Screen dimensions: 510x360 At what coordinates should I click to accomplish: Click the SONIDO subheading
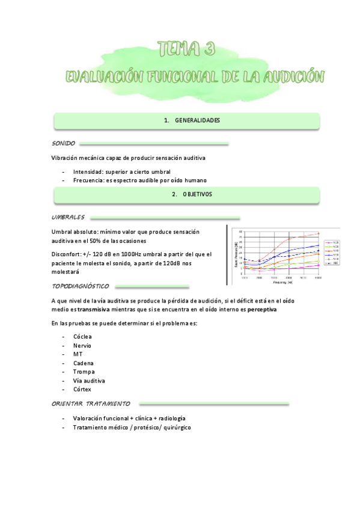click(x=64, y=144)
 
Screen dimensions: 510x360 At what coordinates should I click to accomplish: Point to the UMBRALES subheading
click(x=69, y=218)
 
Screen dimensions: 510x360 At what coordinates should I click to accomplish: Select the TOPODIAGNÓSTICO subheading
click(x=81, y=286)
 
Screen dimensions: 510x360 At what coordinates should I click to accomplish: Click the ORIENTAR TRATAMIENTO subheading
click(x=91, y=404)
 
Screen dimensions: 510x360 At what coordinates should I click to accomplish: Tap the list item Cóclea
click(x=82, y=337)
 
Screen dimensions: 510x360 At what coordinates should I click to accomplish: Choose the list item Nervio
click(x=82, y=346)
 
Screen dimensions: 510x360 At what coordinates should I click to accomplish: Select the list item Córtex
click(x=82, y=390)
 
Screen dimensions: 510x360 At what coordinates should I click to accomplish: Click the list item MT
click(x=78, y=355)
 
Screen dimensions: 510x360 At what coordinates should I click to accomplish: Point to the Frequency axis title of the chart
click(x=283, y=281)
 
